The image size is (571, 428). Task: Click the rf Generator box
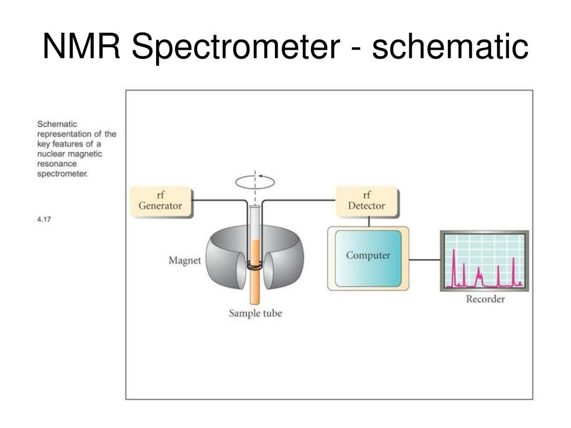click(x=161, y=202)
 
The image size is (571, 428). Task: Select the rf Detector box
click(x=367, y=202)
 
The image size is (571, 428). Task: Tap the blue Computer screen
click(x=368, y=259)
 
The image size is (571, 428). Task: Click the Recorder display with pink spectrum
click(x=485, y=261)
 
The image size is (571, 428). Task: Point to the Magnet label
click(x=185, y=261)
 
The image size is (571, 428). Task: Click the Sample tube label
click(x=255, y=313)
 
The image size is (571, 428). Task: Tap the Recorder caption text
click(x=486, y=299)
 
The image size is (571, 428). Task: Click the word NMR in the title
click(x=81, y=46)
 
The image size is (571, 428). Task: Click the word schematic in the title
click(x=450, y=46)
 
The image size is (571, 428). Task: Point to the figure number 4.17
click(x=43, y=219)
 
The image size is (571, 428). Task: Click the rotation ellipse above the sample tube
click(x=255, y=182)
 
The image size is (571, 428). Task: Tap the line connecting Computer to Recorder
click(x=424, y=260)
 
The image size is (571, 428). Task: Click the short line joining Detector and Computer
click(x=369, y=222)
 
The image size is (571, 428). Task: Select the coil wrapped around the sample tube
click(x=254, y=266)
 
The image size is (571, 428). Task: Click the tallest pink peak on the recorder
click(x=454, y=267)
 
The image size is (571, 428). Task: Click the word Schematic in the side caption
click(x=57, y=124)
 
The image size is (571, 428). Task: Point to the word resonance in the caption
click(x=57, y=164)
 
